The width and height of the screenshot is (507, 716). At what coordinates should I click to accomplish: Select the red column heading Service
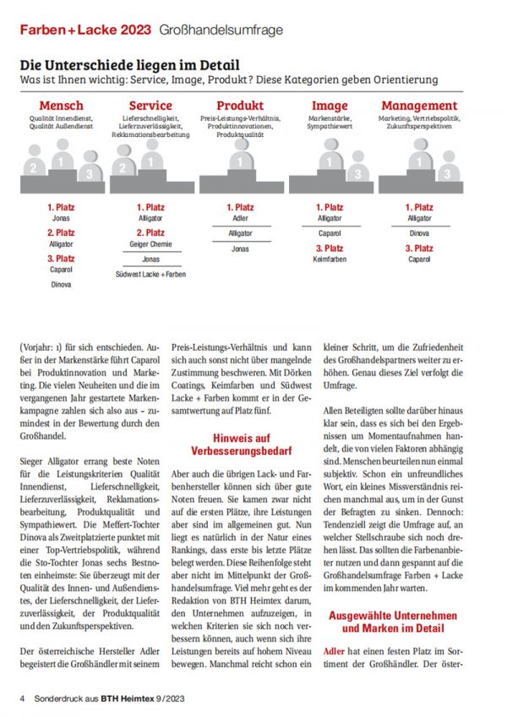point(150,107)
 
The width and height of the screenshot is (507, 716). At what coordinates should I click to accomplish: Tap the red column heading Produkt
point(240,107)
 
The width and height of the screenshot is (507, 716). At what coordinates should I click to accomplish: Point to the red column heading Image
point(330,107)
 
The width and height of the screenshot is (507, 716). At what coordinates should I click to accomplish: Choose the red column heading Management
point(419,107)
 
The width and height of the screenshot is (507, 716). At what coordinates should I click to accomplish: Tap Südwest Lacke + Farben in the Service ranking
point(150,274)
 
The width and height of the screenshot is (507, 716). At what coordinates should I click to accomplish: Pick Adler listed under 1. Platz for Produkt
point(240,218)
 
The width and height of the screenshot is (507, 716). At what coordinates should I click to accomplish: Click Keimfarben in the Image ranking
point(330,260)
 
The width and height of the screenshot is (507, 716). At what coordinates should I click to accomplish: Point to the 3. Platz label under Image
point(330,248)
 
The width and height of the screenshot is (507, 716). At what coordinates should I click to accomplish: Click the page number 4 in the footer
point(23,698)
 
